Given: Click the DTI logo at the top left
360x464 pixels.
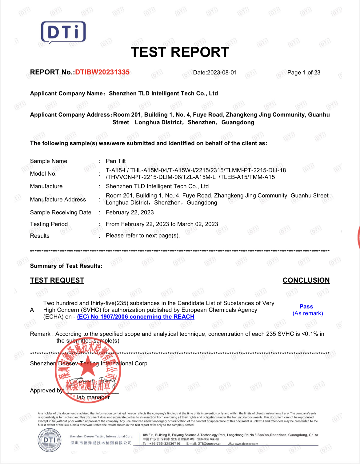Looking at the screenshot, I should tap(63, 32).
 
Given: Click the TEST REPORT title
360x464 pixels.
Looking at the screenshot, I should tap(180, 52).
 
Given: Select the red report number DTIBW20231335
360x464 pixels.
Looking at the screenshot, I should tap(102, 72).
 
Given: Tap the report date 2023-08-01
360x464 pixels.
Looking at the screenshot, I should tap(222, 73).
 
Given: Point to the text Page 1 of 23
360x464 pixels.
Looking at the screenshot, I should tap(304, 73).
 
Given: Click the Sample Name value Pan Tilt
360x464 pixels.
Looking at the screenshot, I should tap(116, 161).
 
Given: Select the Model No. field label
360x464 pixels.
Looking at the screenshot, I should tap(43, 174).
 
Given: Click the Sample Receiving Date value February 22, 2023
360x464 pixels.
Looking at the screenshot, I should tap(130, 212).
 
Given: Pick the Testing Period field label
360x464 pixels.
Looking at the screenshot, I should tap(49, 224).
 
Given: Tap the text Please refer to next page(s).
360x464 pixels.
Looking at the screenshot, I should tap(143, 236).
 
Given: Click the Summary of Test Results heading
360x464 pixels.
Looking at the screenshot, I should tap(66, 266).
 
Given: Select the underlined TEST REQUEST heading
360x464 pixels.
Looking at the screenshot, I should tap(57, 280).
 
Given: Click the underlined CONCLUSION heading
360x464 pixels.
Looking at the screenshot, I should tap(306, 280).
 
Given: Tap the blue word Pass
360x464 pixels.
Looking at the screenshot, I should tap(306, 307).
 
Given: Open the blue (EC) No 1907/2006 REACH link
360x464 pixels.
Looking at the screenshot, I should tap(136, 317).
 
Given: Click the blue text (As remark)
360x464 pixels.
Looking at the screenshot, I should tap(308, 313).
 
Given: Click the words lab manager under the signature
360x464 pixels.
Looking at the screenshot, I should tap(93, 397).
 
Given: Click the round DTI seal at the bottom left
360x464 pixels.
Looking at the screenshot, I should tap(50, 440).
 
